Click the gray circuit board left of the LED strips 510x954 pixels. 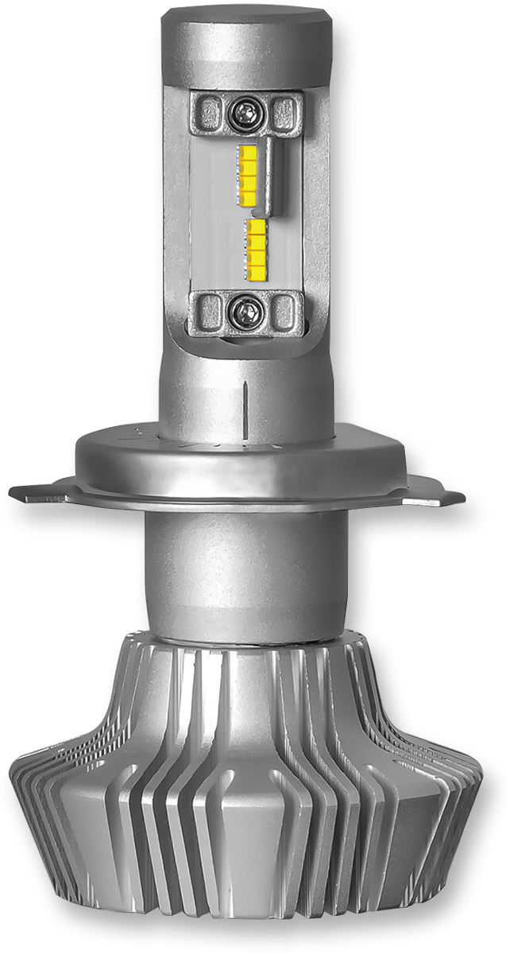(x=214, y=215)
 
